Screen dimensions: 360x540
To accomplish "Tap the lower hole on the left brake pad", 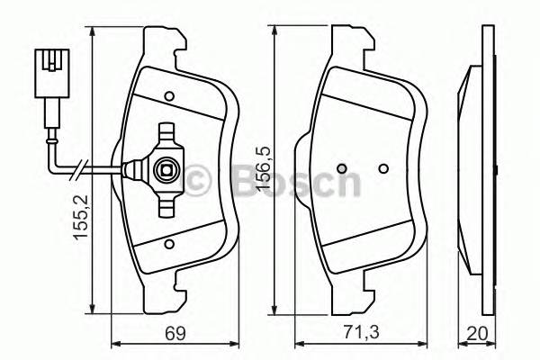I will point(169,243).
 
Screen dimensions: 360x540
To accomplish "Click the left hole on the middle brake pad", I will point(340,169).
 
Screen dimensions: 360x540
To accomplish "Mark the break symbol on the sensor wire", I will point(83,169).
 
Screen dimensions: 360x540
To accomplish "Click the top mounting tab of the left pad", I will point(166,39).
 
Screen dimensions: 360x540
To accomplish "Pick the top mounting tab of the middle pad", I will point(353,39).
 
